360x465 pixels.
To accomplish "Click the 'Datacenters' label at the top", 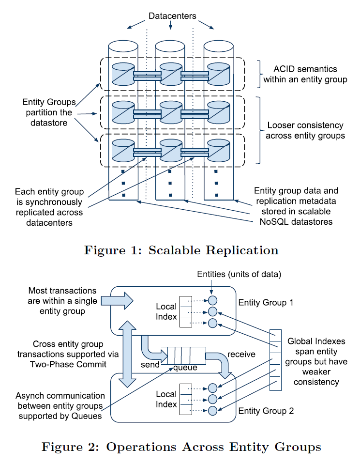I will pyautogui.click(x=172, y=16).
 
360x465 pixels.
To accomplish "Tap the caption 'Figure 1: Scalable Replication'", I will pyautogui.click(x=181, y=250).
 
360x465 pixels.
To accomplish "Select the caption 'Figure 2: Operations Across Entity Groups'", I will pyautogui.click(x=181, y=447).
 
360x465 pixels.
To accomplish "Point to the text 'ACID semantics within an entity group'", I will pyautogui.click(x=305, y=74).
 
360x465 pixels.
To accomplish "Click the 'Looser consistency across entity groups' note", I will pyautogui.click(x=305, y=131).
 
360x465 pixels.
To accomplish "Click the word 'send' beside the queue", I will pyautogui.click(x=150, y=364).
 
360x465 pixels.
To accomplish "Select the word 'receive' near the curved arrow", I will pyautogui.click(x=241, y=354).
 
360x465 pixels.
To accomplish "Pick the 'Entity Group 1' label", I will pyautogui.click(x=266, y=303).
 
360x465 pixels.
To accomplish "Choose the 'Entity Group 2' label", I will pyautogui.click(x=266, y=411).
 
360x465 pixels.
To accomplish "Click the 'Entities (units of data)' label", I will pyautogui.click(x=239, y=274).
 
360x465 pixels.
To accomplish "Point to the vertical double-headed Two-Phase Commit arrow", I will pyautogui.click(x=125, y=354).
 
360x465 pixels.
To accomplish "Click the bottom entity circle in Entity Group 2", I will pyautogui.click(x=212, y=411).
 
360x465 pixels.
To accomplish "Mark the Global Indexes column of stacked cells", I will pyautogui.click(x=275, y=361).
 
